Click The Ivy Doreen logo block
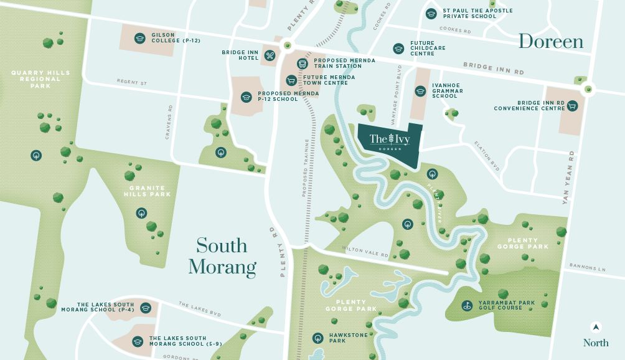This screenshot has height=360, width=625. pyautogui.click(x=390, y=142)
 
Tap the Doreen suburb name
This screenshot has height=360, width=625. pyautogui.click(x=551, y=42)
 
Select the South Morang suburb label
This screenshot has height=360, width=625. pyautogui.click(x=222, y=256)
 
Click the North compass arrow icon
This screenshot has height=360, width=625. pyautogui.click(x=596, y=327)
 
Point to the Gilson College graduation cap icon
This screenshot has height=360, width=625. pyautogui.click(x=139, y=39)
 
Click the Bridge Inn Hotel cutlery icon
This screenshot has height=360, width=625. pyautogui.click(x=270, y=55)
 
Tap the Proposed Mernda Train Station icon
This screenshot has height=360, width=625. pyautogui.click(x=303, y=64)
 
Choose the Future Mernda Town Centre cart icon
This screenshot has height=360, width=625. pyautogui.click(x=291, y=80)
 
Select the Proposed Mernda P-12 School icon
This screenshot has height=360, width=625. pyautogui.click(x=247, y=97)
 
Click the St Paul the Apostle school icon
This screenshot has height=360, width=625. pyautogui.click(x=431, y=13)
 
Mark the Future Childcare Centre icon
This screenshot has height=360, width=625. pyautogui.click(x=398, y=49)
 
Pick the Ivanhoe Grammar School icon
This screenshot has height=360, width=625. pyautogui.click(x=420, y=91)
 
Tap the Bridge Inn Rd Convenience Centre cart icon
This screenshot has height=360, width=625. pyautogui.click(x=571, y=106)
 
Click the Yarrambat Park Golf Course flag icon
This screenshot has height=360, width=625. pyautogui.click(x=466, y=306)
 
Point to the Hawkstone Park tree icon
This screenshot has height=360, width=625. pyautogui.click(x=317, y=338)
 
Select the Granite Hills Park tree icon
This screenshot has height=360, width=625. pyautogui.click(x=142, y=213)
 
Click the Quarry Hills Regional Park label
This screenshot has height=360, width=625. pyautogui.click(x=41, y=79)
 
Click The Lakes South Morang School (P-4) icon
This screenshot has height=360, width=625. pyautogui.click(x=146, y=308)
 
